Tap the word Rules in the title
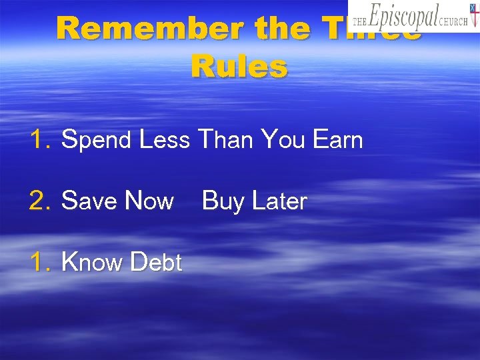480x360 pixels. tap(239, 67)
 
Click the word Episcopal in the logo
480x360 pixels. tap(405, 16)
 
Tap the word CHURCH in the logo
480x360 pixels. tap(455, 21)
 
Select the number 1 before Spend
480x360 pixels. tap(39, 141)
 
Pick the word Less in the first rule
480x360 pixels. tap(165, 140)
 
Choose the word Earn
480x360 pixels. tap(338, 140)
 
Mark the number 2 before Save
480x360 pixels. tap(39, 201)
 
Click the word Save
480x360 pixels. tap(89, 201)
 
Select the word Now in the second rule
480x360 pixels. tap(149, 201)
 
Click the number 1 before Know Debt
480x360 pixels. tap(39, 263)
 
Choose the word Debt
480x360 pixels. tap(157, 263)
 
